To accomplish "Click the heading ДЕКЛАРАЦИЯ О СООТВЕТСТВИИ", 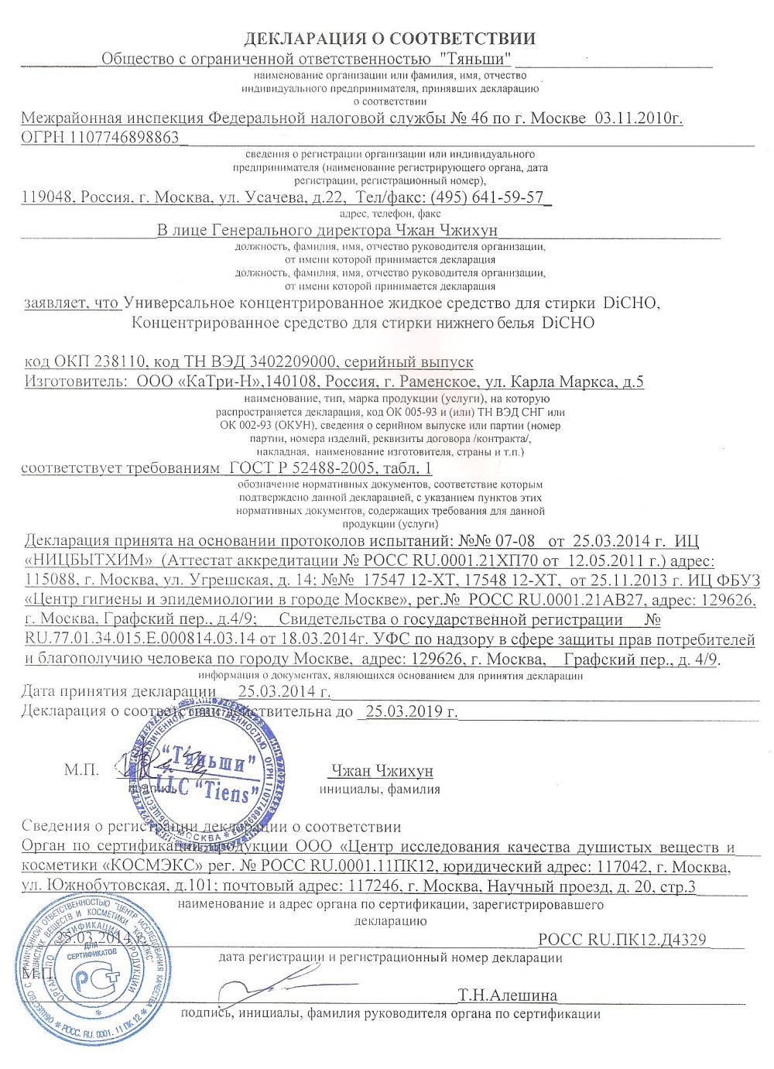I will [x=390, y=39].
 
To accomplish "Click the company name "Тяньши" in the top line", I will [x=475, y=58].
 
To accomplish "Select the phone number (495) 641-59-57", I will [x=487, y=197].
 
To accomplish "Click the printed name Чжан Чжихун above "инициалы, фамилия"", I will [x=382, y=770].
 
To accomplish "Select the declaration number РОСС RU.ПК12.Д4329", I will [x=622, y=940].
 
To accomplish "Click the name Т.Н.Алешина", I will [x=507, y=995].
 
